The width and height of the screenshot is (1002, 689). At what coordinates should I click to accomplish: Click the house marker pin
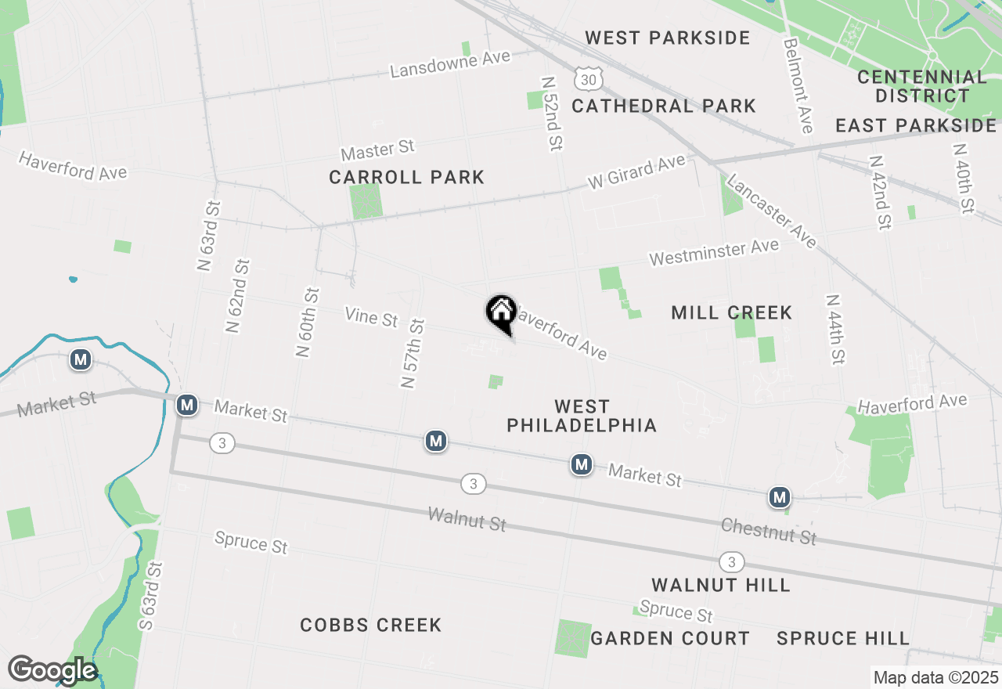(x=501, y=313)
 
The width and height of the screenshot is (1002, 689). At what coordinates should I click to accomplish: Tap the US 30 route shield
(x=588, y=78)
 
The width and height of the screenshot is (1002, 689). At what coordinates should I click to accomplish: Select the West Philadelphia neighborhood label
(x=581, y=416)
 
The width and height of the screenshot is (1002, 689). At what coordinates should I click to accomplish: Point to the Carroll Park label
(x=406, y=178)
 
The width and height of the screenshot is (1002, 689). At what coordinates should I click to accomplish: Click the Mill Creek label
(x=731, y=313)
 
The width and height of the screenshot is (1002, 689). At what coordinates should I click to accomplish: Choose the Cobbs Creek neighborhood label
(x=371, y=625)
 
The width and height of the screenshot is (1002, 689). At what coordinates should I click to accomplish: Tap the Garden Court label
(x=670, y=638)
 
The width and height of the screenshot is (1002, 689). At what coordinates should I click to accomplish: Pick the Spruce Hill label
(x=843, y=638)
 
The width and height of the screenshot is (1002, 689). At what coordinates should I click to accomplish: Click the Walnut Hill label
(x=720, y=585)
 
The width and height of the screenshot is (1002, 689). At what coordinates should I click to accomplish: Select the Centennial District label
(x=922, y=86)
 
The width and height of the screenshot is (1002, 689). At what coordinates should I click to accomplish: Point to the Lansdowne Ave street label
(x=450, y=63)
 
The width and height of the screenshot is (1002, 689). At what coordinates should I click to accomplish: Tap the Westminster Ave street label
(x=714, y=252)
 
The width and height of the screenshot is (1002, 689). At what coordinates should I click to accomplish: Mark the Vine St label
(x=371, y=317)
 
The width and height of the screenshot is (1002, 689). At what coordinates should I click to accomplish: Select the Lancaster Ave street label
(x=771, y=211)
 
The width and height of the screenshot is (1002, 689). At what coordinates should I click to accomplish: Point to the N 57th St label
(x=412, y=353)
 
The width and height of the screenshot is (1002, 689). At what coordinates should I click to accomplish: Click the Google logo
(x=52, y=670)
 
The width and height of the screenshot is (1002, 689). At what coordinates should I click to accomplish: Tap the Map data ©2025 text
(x=935, y=677)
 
